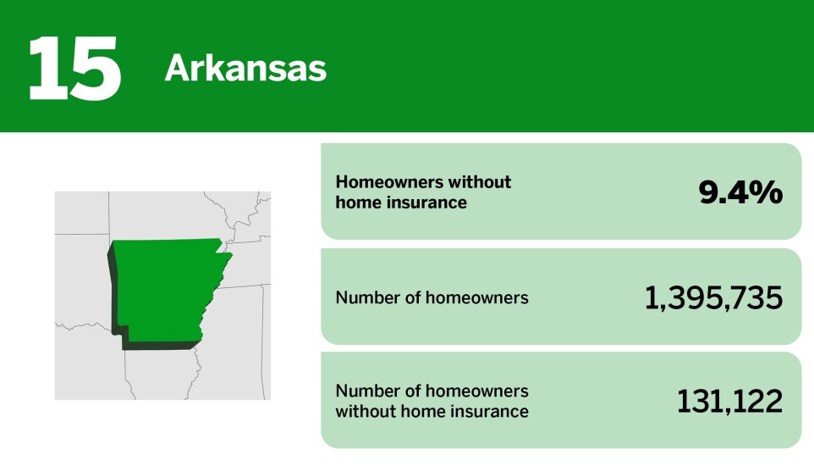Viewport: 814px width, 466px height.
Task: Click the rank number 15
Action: (x=74, y=68)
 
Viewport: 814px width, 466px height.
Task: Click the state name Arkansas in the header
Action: (x=245, y=69)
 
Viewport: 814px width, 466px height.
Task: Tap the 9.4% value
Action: (x=740, y=192)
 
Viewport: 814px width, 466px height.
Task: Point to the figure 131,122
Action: (x=729, y=402)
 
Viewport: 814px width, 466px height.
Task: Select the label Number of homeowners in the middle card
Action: (x=432, y=297)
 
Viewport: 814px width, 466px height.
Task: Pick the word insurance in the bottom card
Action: (x=491, y=412)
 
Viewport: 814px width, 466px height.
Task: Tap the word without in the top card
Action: (x=481, y=182)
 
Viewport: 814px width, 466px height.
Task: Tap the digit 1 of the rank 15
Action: (x=47, y=68)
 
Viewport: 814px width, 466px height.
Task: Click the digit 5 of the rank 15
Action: (x=94, y=68)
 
